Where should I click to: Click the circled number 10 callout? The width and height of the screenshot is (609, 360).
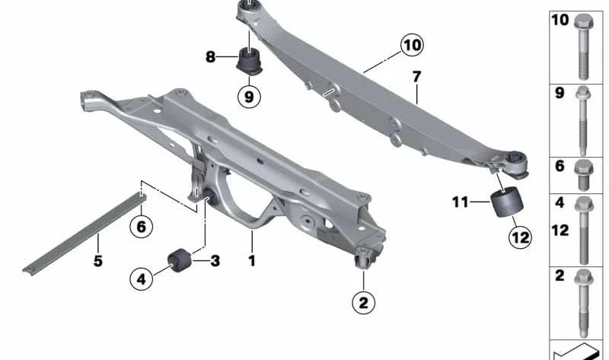(x=412, y=45)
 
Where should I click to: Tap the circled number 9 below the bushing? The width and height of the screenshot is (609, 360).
(x=249, y=96)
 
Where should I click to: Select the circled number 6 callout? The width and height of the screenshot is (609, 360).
(x=141, y=226)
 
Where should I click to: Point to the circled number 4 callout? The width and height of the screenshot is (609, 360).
(x=142, y=279)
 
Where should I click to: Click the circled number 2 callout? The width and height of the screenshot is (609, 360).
(x=364, y=302)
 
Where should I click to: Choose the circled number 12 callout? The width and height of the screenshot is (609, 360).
(x=521, y=237)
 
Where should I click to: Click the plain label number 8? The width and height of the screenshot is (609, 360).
(x=210, y=57)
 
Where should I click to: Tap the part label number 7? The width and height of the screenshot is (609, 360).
(x=416, y=77)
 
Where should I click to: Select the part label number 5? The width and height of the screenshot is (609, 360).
(x=98, y=260)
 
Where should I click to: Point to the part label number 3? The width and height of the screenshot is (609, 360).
(x=215, y=260)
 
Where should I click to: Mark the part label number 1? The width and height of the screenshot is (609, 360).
(x=252, y=260)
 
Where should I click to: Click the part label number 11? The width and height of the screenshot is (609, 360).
(x=461, y=202)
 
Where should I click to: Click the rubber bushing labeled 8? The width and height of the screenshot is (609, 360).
(x=250, y=61)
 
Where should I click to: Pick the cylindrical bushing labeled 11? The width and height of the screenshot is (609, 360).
(x=506, y=202)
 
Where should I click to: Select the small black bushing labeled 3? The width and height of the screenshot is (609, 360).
(x=180, y=260)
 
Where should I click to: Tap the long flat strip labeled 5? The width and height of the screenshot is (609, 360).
(x=84, y=234)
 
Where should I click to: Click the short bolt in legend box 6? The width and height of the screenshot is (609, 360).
(x=583, y=175)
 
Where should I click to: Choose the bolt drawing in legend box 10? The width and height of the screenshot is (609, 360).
(x=583, y=46)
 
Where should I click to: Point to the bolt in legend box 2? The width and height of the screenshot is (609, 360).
(x=583, y=304)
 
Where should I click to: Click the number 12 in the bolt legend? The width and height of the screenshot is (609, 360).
(x=560, y=231)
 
